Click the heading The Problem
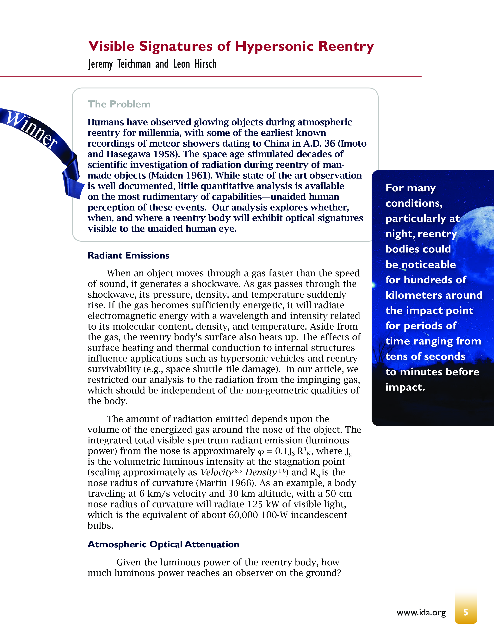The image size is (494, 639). (x=119, y=104)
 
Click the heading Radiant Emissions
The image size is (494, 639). (x=128, y=255)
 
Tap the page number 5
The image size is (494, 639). (x=466, y=612)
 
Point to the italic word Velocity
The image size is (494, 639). (x=217, y=472)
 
